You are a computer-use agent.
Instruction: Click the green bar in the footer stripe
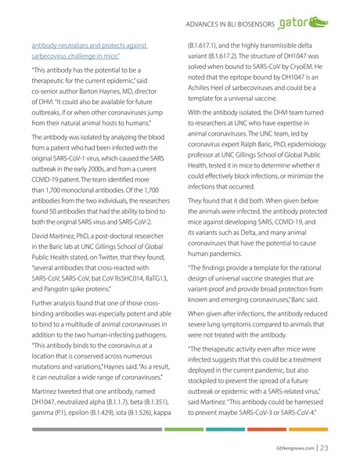[x=183, y=429]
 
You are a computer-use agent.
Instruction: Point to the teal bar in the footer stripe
[x=225, y=429]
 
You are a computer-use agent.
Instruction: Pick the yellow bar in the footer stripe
[x=309, y=429]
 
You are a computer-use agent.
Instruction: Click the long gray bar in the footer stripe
[x=97, y=429]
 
